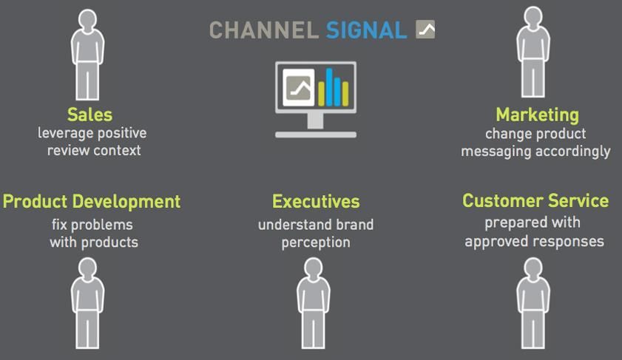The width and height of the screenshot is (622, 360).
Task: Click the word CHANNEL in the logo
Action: point(264,30)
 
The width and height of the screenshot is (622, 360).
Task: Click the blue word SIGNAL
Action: point(367,30)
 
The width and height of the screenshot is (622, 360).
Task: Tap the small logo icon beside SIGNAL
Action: point(425,30)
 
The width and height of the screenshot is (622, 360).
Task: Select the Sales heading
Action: point(90,115)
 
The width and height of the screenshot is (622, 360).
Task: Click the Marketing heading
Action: point(537,115)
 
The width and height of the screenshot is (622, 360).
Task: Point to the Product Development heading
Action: point(92,202)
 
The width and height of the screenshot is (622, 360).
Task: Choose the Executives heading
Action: point(316,201)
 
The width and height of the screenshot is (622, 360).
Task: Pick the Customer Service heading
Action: point(535,200)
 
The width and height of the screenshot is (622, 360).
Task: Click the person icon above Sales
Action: point(88,55)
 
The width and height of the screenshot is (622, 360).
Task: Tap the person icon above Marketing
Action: point(533,52)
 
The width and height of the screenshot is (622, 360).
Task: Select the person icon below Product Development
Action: point(88,303)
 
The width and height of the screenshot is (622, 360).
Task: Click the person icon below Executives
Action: point(314,303)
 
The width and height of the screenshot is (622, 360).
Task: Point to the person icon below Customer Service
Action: point(533,303)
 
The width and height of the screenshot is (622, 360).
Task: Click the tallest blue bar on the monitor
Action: point(329,87)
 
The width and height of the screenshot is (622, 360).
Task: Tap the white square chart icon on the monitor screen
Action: point(299,88)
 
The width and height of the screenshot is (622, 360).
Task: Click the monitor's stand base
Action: point(316,135)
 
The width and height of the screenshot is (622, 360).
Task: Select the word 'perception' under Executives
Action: point(316,242)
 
